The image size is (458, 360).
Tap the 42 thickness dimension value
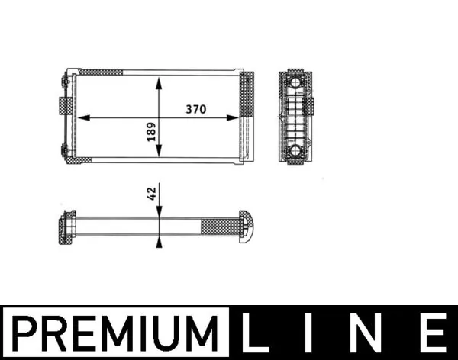(151, 193)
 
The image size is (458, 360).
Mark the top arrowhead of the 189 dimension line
(158, 81)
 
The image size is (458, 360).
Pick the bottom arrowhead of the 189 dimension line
(158, 155)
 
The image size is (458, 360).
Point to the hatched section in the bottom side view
(219, 226)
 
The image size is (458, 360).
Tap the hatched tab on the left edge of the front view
(61, 106)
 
